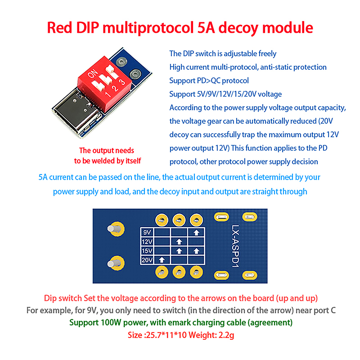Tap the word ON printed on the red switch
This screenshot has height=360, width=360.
(x=94, y=73)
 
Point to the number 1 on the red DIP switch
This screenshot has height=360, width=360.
(x=107, y=94)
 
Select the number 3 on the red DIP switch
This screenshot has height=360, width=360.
(x=121, y=82)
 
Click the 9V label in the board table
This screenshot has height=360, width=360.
(x=147, y=233)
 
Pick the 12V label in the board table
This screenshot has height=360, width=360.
(x=147, y=242)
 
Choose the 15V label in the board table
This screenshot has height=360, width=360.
(x=147, y=251)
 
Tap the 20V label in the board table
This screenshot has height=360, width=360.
(x=147, y=260)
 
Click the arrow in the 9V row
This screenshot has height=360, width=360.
(x=196, y=233)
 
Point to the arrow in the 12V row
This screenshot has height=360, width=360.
(x=179, y=242)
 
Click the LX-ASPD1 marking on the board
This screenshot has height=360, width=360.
(x=235, y=247)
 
